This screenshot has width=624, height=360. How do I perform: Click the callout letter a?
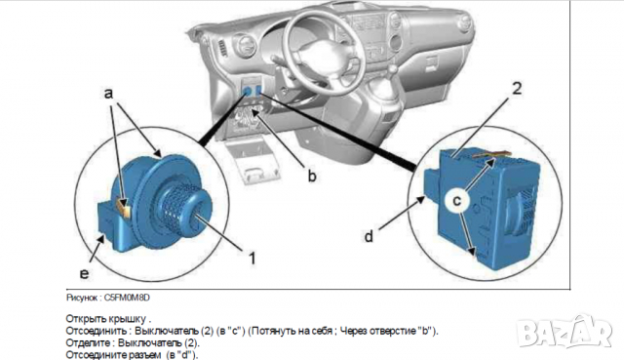108,94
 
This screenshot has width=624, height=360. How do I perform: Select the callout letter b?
312,176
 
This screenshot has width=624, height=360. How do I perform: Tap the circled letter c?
457,200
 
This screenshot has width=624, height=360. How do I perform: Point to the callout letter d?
369,236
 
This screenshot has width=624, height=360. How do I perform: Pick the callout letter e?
84,273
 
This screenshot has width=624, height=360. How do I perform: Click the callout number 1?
252,259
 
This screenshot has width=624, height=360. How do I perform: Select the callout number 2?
517,89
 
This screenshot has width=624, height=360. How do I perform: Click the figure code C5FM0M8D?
127,298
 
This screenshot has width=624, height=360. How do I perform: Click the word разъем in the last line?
145,355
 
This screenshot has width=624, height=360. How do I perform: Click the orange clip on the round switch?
123,208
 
